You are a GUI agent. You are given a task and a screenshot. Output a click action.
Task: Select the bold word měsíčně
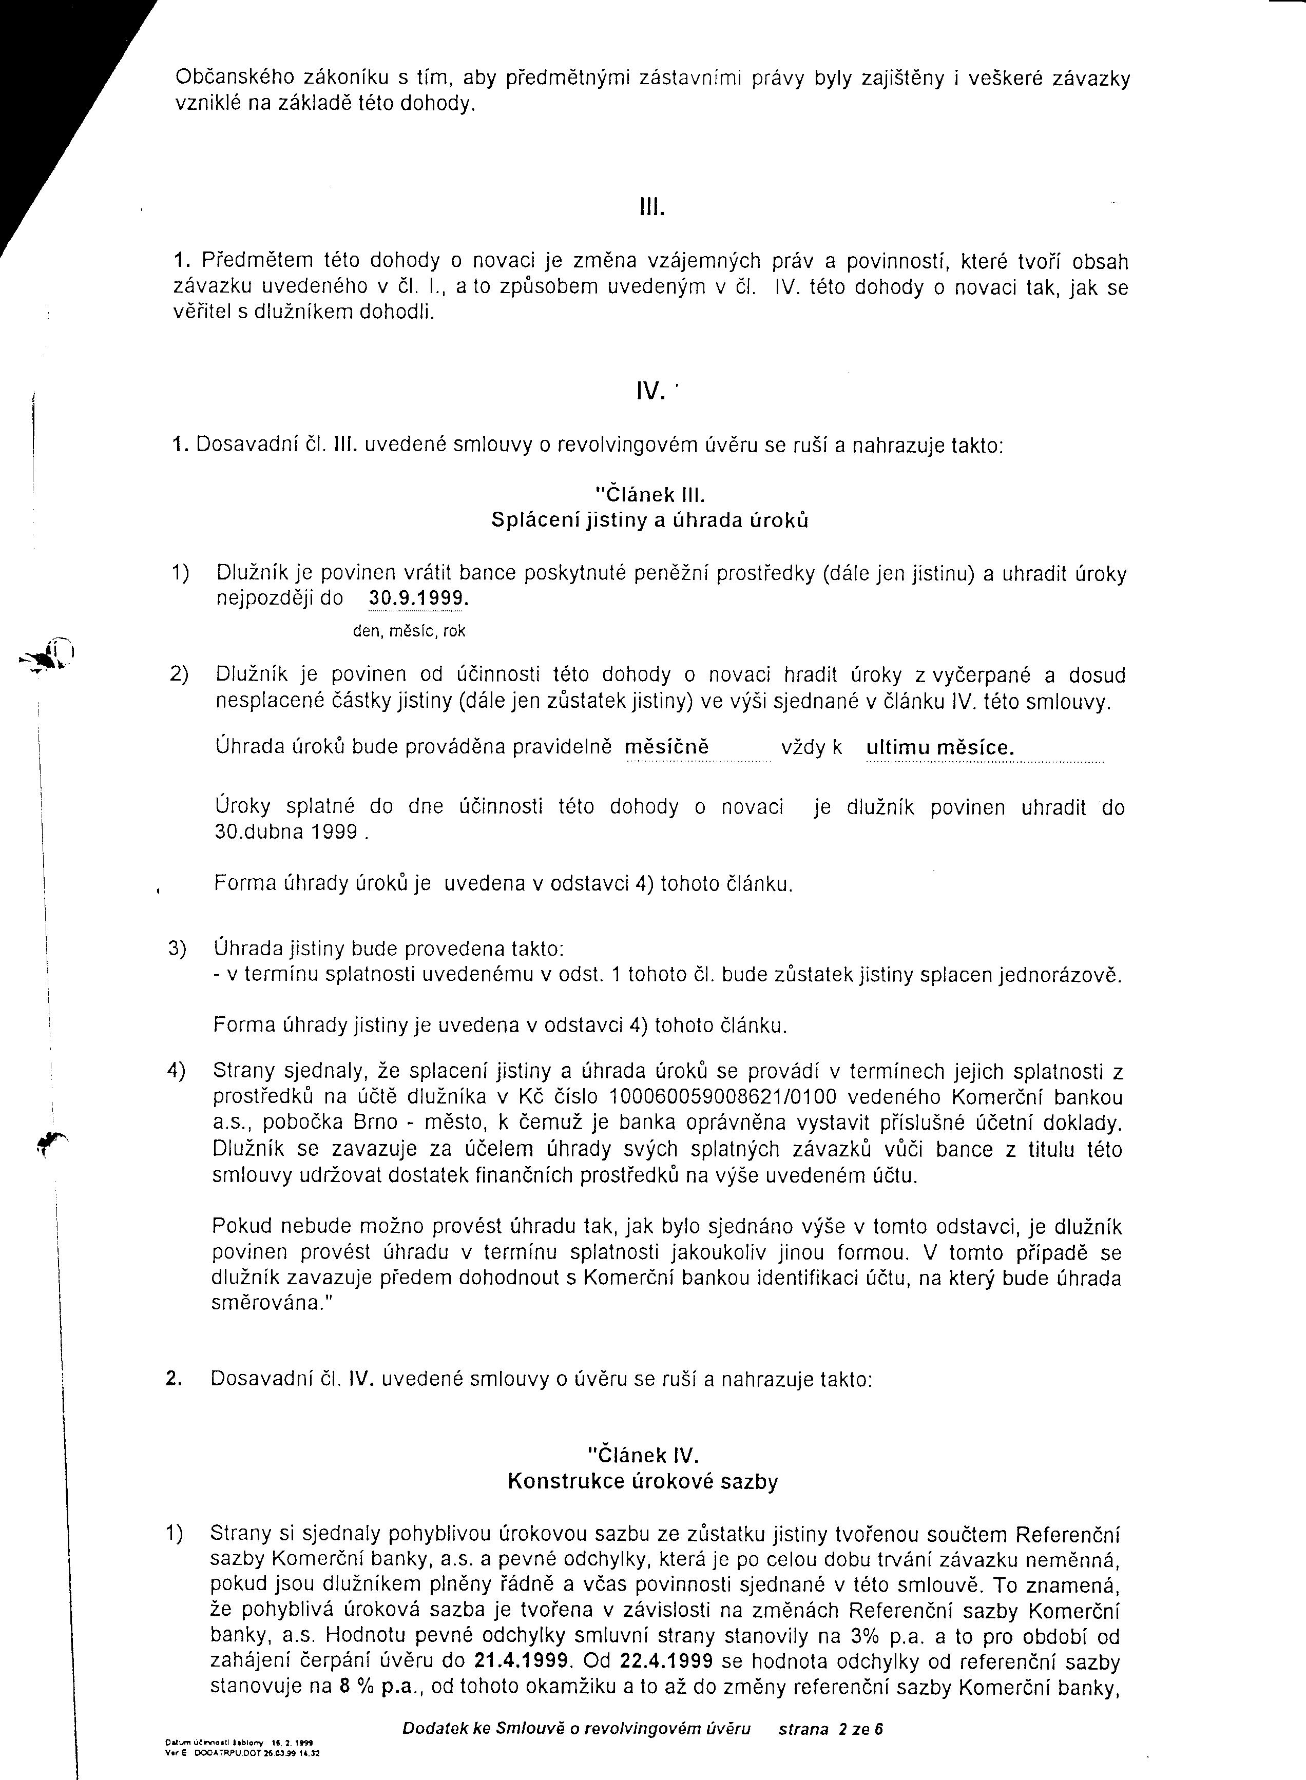[666, 747]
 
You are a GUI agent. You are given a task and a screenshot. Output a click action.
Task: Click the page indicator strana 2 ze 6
[830, 1729]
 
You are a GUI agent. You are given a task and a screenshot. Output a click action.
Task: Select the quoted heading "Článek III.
[649, 495]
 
